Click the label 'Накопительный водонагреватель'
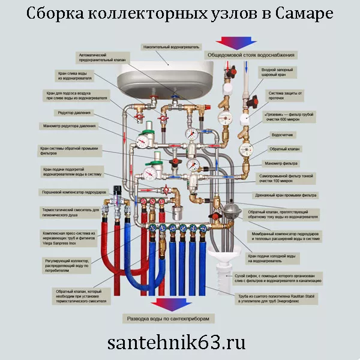(171, 46)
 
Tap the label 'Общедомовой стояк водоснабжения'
(251, 55)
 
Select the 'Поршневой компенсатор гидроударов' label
(74, 193)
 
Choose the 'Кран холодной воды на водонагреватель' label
(284, 259)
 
